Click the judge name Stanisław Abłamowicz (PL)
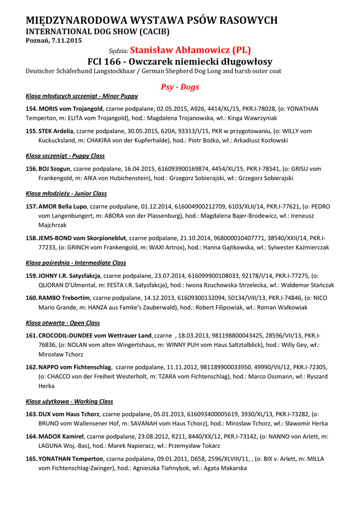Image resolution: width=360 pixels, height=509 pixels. tap(190, 50)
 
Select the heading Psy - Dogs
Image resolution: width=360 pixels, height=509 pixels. tap(180, 87)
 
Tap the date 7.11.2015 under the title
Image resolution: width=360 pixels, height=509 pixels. tap(67, 40)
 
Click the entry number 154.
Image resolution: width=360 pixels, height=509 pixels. tap(31, 109)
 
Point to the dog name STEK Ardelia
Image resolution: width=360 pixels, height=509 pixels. tap(56, 131)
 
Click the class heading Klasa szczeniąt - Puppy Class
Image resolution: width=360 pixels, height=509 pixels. tap(65, 156)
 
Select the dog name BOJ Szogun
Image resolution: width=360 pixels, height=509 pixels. tap(55, 169)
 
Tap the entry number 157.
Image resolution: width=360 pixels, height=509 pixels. tap(31, 206)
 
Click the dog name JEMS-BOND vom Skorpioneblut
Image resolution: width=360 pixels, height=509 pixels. tap(83, 238)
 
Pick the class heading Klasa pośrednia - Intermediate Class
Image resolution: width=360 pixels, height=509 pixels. tap(76, 262)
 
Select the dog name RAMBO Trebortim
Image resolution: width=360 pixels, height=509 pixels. tap(64, 298)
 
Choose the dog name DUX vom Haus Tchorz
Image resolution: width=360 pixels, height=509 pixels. tap(69, 414)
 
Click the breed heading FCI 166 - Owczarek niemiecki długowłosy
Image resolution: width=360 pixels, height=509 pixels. tap(180, 62)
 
